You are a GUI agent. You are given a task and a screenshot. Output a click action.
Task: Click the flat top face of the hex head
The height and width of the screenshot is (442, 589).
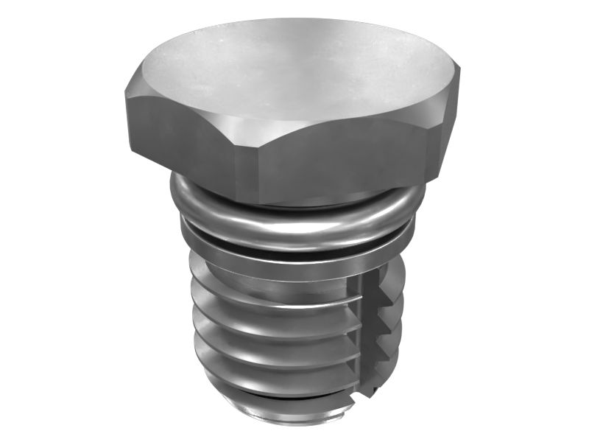pos(294,70)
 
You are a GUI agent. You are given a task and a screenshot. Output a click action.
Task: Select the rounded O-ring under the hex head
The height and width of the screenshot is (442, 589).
pos(294,221)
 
